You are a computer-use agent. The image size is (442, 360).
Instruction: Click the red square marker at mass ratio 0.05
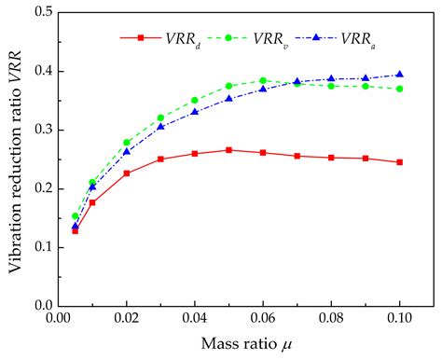tap(228, 149)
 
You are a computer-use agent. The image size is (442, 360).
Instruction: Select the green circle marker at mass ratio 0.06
tap(263, 80)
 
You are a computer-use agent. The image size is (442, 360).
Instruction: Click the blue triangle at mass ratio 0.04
tap(195, 112)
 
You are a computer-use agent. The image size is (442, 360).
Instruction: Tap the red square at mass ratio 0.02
tap(127, 173)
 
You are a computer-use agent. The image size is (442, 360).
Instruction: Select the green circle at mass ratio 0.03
tap(160, 118)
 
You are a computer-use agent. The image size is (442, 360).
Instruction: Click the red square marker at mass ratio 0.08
tap(331, 158)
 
